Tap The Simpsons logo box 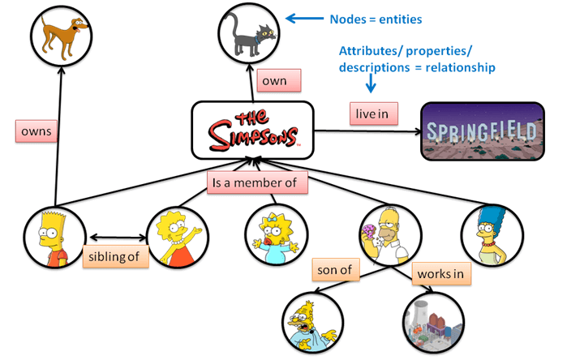coord(251,129)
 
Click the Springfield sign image coord(482,131)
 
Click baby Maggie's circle coord(276,237)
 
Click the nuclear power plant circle coord(431,322)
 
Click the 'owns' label coord(36,131)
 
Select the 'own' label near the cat coord(279,80)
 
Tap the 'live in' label coord(373,114)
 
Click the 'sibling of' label coord(116,259)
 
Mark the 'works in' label coord(441,273)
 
